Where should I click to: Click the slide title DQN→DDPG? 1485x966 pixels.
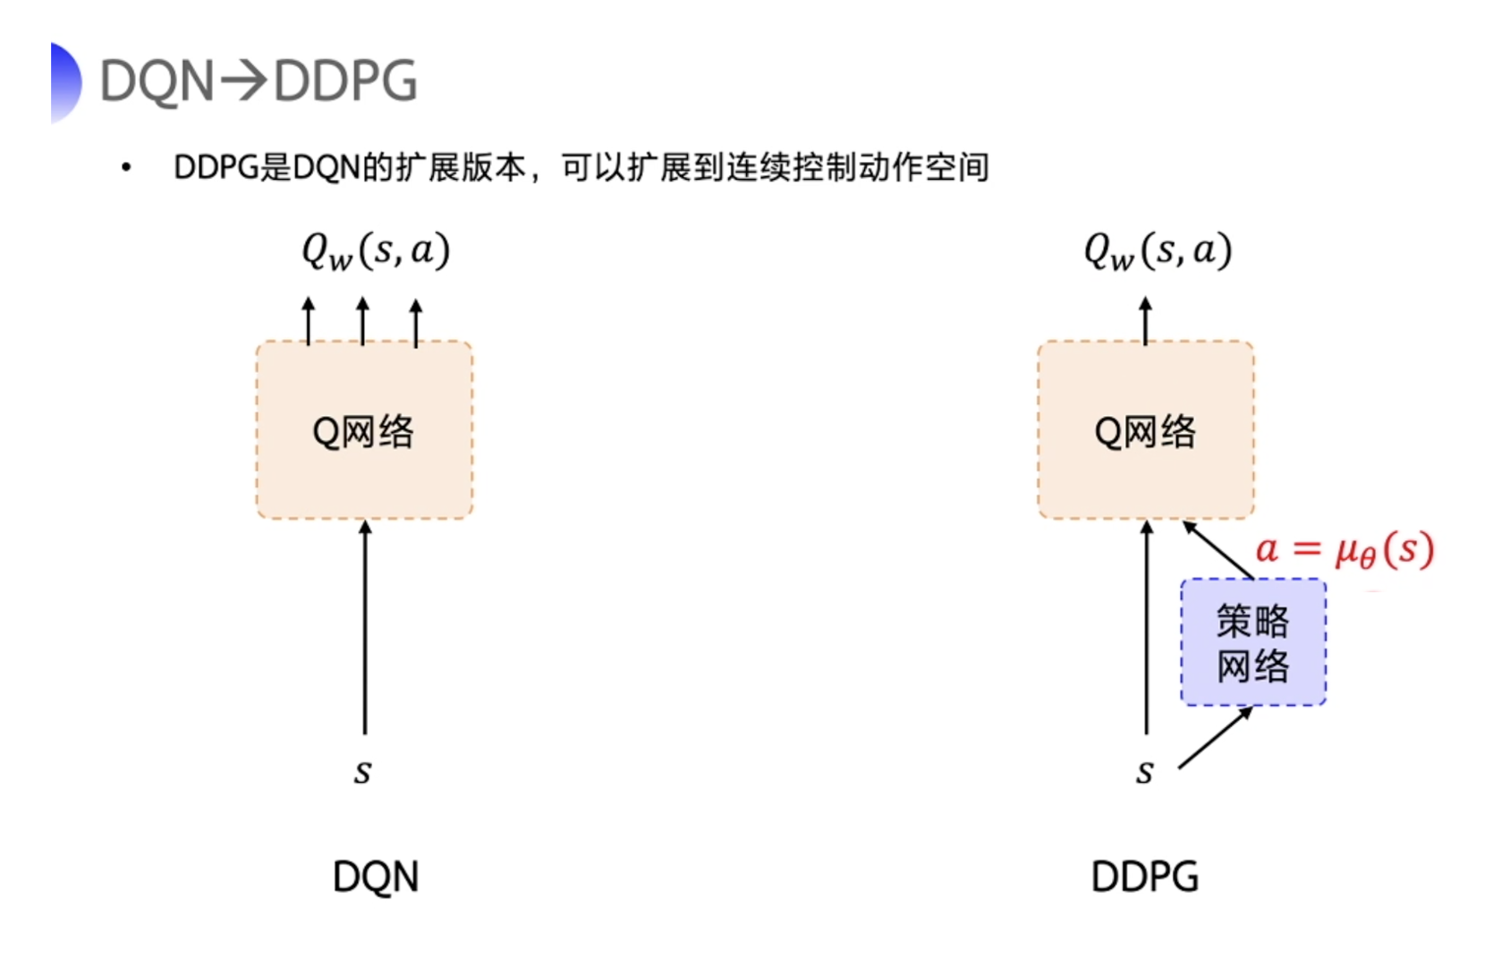[x=259, y=81]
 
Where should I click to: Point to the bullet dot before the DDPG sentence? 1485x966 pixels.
[x=126, y=167]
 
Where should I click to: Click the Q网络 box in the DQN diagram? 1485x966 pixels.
[x=364, y=430]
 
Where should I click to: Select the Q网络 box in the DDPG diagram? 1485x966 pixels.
[x=1146, y=430]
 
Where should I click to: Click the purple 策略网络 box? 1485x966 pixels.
[x=1252, y=642]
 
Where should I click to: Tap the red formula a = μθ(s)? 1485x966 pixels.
[x=1345, y=549]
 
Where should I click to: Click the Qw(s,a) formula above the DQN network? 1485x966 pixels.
[x=376, y=250]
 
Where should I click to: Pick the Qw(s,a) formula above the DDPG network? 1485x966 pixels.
[x=1158, y=250]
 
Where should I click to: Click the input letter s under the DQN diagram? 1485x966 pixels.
[x=362, y=770]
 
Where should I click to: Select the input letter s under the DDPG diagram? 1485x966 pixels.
[x=1145, y=770]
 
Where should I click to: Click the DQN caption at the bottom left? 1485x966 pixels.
[x=376, y=877]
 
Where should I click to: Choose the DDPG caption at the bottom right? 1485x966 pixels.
[x=1145, y=877]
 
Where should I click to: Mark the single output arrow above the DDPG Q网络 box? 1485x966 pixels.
[x=1146, y=320]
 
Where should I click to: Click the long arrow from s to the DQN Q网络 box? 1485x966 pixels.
[x=365, y=626]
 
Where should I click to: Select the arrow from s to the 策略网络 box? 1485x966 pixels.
[x=1215, y=738]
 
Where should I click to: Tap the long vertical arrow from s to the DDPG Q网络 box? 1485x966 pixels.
[x=1147, y=626]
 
